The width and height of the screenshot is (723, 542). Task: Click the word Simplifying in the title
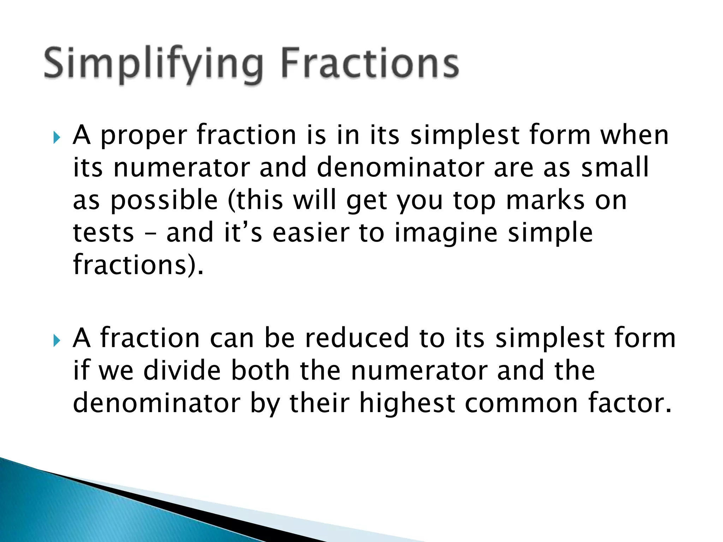point(154,64)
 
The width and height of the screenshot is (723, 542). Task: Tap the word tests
point(103,233)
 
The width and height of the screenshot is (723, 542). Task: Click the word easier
point(311,233)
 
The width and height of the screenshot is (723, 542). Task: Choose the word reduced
point(357,338)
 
